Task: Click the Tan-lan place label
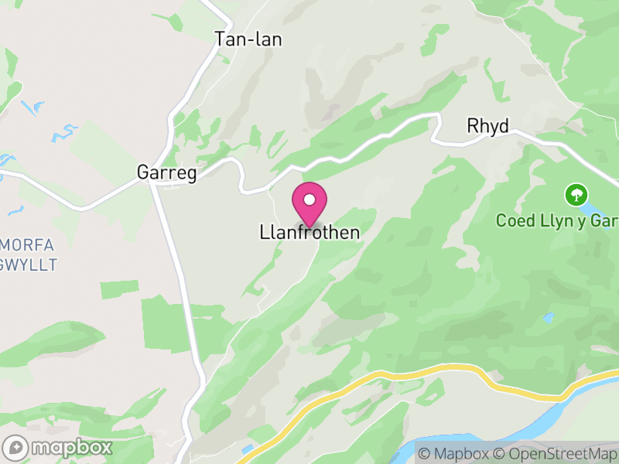248,39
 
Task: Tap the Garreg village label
166,172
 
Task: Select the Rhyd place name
487,126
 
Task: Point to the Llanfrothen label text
309,232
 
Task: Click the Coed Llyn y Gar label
557,220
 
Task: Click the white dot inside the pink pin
309,200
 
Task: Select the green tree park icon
576,194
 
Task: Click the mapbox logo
58,447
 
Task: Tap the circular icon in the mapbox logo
15,447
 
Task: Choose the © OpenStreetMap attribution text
556,453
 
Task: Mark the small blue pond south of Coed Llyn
548,317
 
